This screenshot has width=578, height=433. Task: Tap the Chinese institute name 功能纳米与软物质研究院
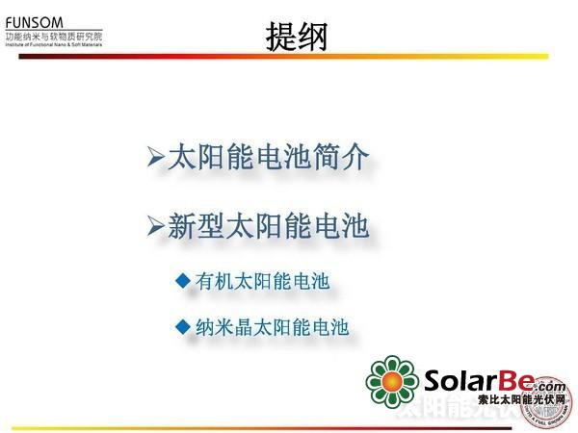[54, 36]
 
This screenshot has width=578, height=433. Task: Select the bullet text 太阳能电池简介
[268, 157]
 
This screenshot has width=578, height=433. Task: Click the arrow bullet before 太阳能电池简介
[156, 157]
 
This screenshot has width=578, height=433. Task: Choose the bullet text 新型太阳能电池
[268, 226]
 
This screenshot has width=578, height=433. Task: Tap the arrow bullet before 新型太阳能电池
[156, 227]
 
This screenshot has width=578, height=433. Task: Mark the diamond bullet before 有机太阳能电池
[183, 280]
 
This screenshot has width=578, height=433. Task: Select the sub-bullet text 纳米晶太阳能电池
[272, 327]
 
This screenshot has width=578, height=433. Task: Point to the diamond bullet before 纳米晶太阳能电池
[183, 326]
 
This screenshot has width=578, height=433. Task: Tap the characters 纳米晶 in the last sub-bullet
[223, 327]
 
